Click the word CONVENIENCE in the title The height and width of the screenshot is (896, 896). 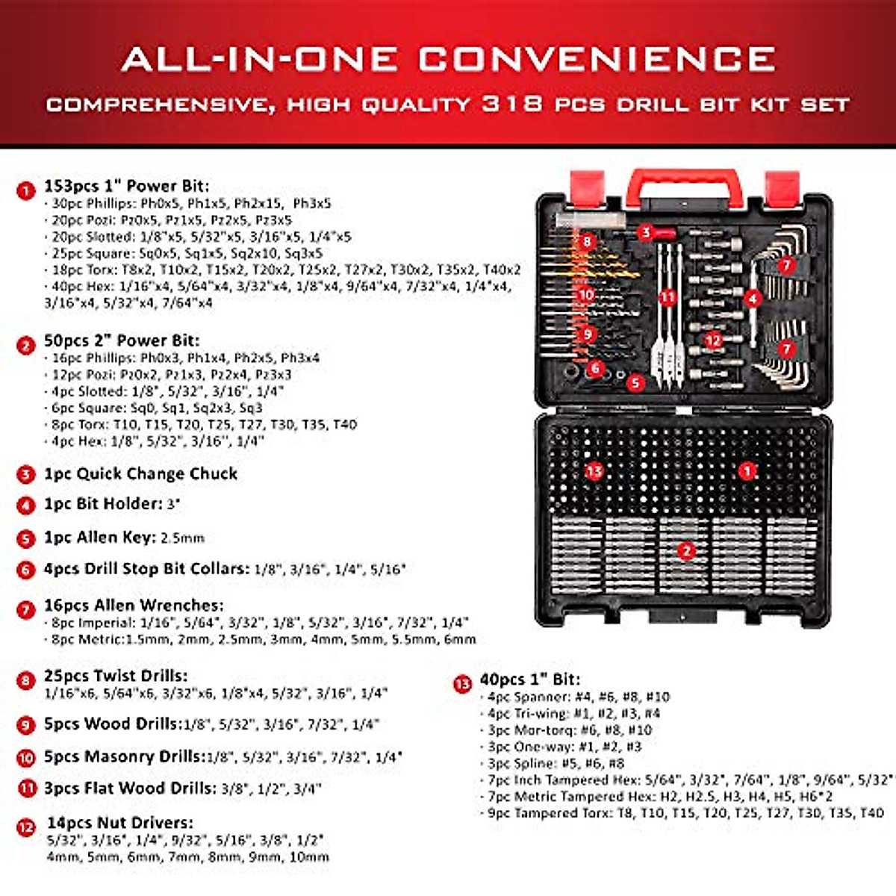(x=596, y=59)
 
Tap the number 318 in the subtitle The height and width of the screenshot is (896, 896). (x=511, y=103)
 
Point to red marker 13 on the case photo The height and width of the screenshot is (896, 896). (x=594, y=471)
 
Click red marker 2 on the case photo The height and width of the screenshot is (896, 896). (x=685, y=552)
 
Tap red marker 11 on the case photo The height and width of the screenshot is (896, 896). (x=667, y=297)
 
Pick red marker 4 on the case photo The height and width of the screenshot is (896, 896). (x=753, y=299)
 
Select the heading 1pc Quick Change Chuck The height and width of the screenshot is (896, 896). (x=140, y=474)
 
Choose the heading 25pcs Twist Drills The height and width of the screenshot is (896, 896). (x=116, y=676)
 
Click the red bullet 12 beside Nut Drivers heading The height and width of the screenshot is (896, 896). (x=26, y=827)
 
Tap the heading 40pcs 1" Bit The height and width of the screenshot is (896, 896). (x=529, y=679)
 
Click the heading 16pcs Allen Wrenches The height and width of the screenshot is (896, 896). (x=133, y=606)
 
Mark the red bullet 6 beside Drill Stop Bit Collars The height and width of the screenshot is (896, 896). (x=26, y=570)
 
